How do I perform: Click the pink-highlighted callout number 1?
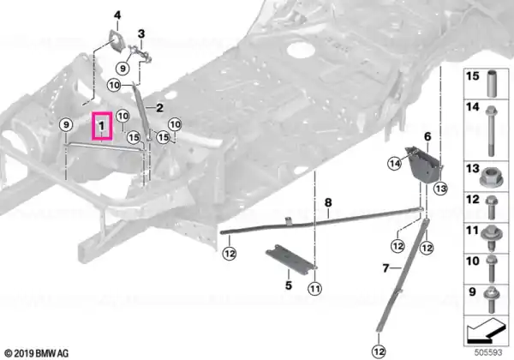[x=102, y=126]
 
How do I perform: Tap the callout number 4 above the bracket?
[x=117, y=15]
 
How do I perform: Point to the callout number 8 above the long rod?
[x=328, y=202]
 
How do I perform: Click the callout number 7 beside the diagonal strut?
[x=385, y=268]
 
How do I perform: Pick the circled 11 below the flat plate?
[x=314, y=289]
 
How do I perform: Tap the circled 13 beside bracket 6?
[x=440, y=189]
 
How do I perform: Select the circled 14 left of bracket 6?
[x=394, y=163]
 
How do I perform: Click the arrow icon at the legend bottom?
[x=487, y=331]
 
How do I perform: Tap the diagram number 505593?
[x=488, y=353]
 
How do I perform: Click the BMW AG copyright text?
[x=37, y=353]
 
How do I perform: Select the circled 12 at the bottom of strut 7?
[x=379, y=351]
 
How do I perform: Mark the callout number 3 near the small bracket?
[x=141, y=33]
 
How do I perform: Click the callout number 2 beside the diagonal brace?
[x=159, y=108]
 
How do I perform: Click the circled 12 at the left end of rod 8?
[x=229, y=254]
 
